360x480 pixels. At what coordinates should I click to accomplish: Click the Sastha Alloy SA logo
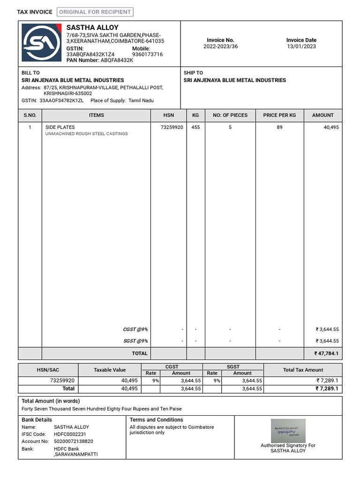pyautogui.click(x=42, y=43)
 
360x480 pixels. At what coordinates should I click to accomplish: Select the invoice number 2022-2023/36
pyautogui.click(x=220, y=46)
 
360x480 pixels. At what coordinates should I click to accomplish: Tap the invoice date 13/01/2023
pyautogui.click(x=301, y=46)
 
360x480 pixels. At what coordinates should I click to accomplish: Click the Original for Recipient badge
pyautogui.click(x=95, y=12)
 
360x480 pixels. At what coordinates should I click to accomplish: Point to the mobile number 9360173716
pyautogui.click(x=147, y=54)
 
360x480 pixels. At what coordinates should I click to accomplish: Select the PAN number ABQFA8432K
pyautogui.click(x=117, y=60)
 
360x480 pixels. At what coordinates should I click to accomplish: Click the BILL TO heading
pyautogui.click(x=30, y=73)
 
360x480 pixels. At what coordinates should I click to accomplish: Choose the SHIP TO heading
pyautogui.click(x=193, y=73)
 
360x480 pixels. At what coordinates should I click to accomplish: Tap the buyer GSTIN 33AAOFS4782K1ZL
pyautogui.click(x=61, y=100)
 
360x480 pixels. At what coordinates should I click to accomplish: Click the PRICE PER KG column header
pyautogui.click(x=279, y=115)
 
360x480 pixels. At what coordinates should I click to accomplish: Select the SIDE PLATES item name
pyautogui.click(x=60, y=127)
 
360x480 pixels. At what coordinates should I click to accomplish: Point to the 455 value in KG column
pyautogui.click(x=195, y=127)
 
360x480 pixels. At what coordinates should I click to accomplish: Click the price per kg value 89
pyautogui.click(x=279, y=127)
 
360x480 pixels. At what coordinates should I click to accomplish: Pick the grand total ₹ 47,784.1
pyautogui.click(x=326, y=353)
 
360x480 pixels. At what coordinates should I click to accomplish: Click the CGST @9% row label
pyautogui.click(x=135, y=329)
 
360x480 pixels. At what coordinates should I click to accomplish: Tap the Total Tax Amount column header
pyautogui.click(x=303, y=370)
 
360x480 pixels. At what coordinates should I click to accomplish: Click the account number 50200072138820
pyautogui.click(x=74, y=441)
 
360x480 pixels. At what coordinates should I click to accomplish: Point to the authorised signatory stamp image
pyautogui.click(x=288, y=430)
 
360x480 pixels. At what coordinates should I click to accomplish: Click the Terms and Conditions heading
pyautogui.click(x=156, y=420)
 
